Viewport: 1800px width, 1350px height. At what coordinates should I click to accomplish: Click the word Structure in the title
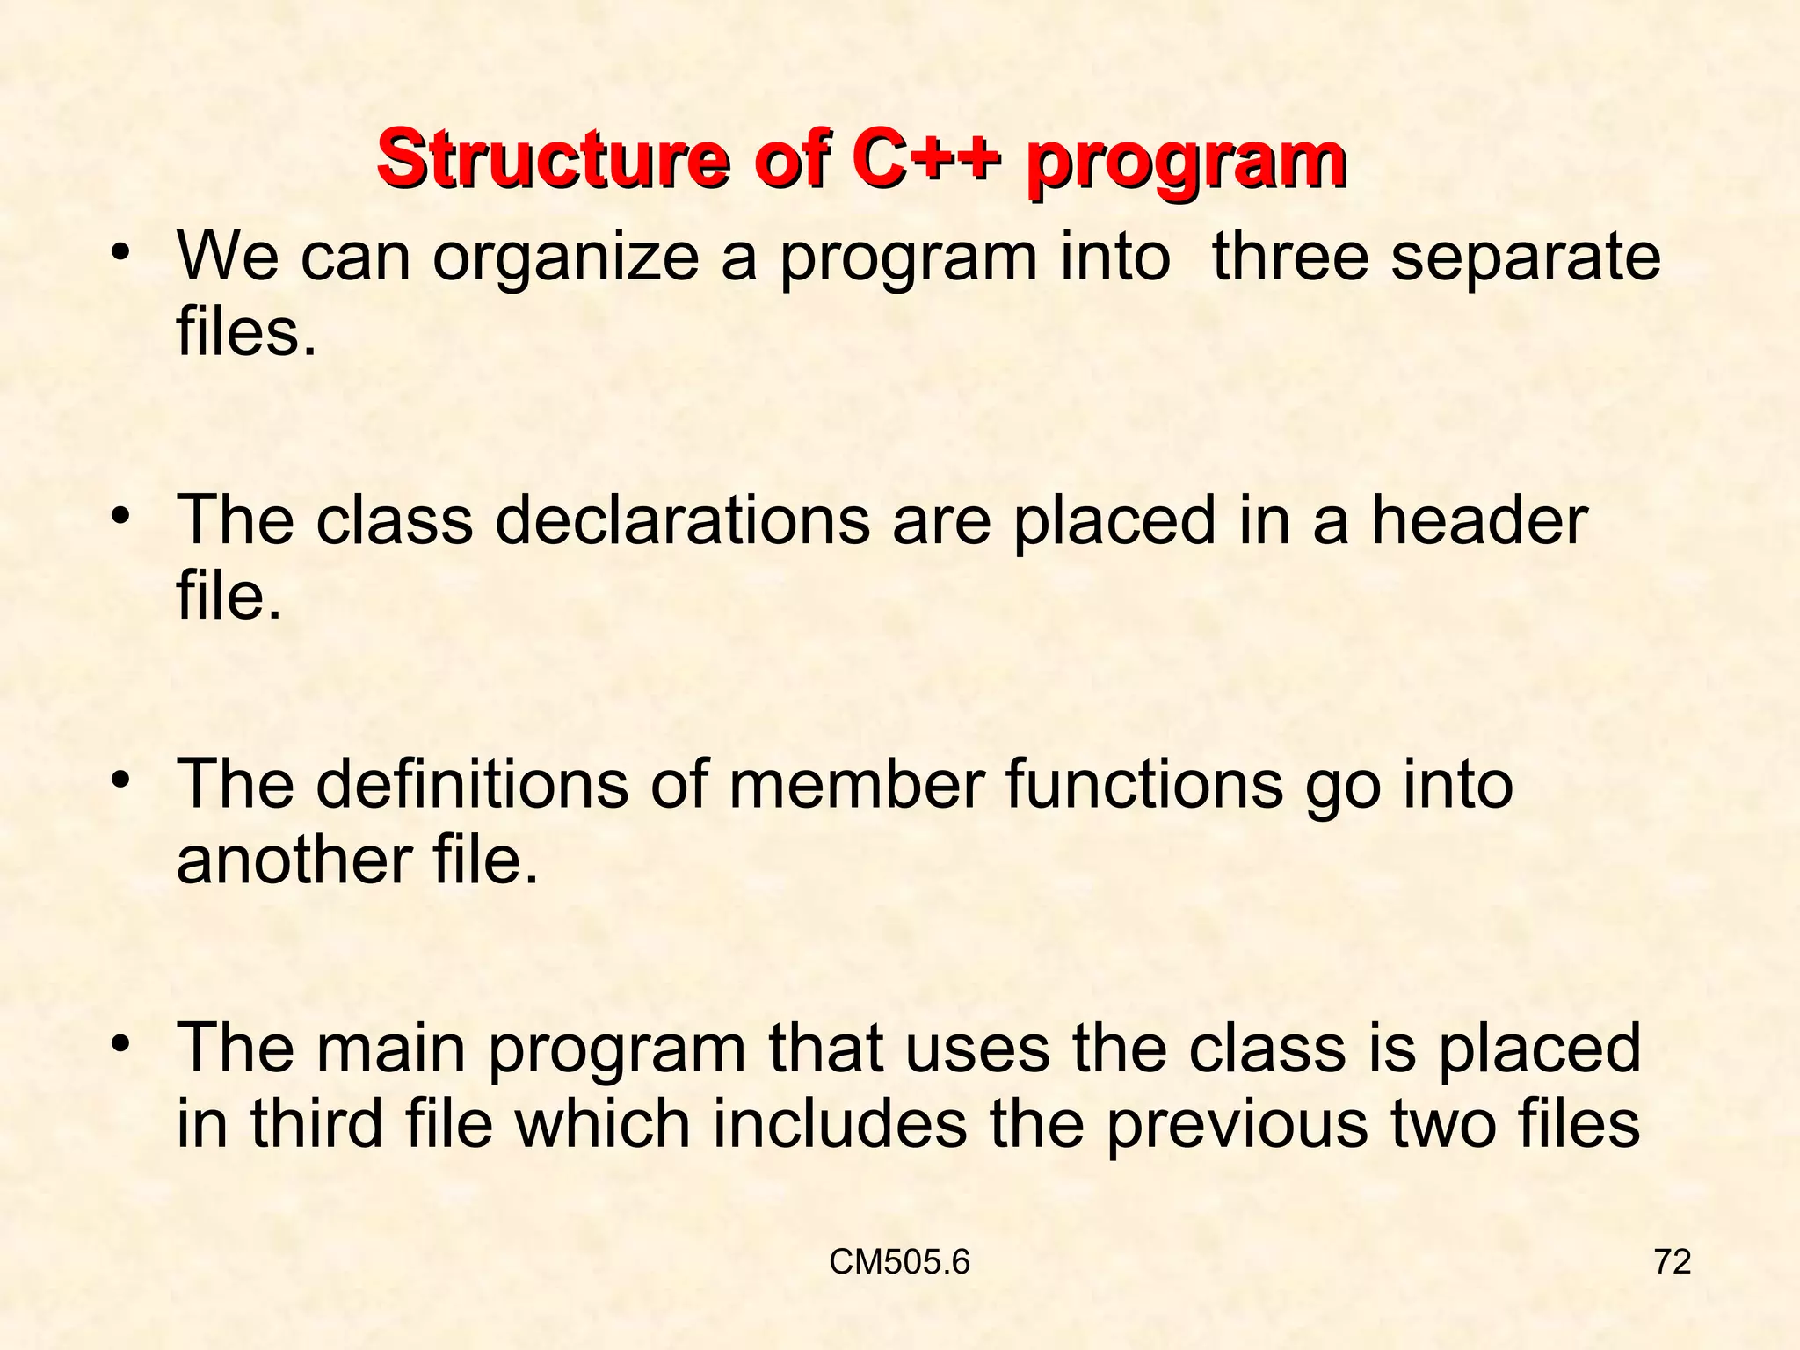[x=553, y=161]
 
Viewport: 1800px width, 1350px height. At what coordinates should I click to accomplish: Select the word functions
[x=1143, y=784]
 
